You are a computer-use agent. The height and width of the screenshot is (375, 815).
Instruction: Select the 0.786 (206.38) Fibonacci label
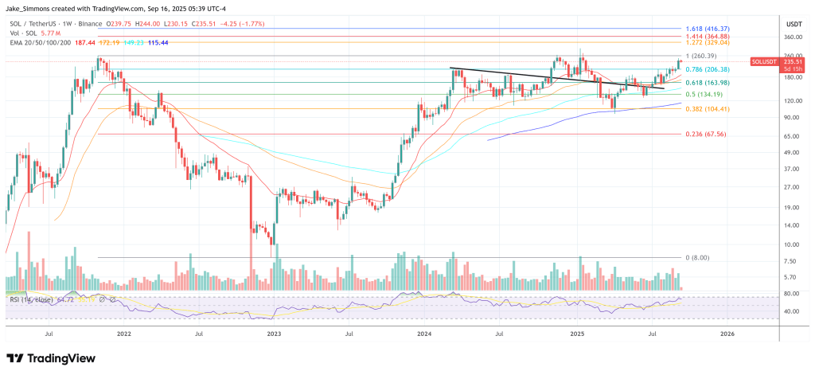pyautogui.click(x=714, y=70)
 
